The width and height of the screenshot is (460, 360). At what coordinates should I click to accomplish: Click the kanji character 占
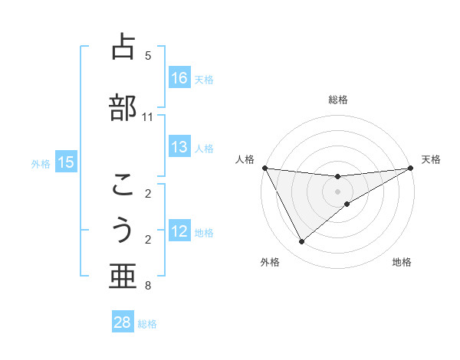123,47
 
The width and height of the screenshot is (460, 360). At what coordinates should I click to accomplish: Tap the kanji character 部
123,106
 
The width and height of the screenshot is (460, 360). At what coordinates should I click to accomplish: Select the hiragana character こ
123,184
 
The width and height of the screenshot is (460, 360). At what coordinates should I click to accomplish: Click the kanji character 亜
123,277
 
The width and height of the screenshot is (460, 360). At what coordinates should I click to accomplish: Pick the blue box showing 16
179,78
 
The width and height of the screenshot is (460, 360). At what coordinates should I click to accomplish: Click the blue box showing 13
179,148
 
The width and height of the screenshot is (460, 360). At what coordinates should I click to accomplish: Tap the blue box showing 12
179,232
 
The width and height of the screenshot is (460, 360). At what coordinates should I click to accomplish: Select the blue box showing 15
66,162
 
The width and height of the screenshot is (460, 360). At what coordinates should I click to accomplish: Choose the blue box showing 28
123,322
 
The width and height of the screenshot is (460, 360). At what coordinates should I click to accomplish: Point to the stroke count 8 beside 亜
147,286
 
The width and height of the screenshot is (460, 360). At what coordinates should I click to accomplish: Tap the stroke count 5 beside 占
148,56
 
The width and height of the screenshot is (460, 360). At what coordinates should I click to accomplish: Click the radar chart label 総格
338,100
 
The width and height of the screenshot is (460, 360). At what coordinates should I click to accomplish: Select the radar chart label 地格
402,263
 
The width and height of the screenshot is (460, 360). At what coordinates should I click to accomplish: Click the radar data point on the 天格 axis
410,169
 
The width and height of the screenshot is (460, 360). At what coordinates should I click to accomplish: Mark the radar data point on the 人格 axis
265,168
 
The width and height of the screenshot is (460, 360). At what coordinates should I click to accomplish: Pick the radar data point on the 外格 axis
301,242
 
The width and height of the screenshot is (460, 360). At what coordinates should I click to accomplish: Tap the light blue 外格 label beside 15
41,163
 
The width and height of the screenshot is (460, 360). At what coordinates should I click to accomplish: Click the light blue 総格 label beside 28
147,324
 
